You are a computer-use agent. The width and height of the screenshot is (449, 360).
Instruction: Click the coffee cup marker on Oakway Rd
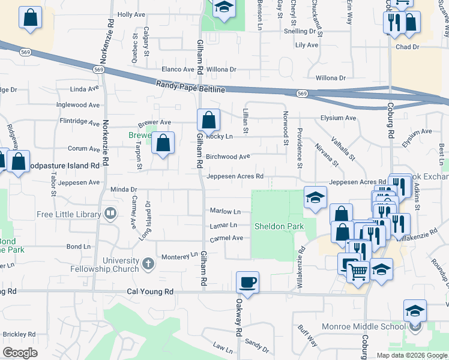click(247, 281)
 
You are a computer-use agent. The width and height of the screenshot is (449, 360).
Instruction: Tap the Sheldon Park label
click(279, 226)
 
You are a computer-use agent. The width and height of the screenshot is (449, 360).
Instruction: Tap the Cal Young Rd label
click(150, 292)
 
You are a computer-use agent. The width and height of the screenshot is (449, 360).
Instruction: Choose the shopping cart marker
click(358, 271)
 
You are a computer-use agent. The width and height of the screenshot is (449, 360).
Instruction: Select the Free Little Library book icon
click(110, 213)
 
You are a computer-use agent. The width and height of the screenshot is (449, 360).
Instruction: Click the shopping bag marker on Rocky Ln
click(208, 121)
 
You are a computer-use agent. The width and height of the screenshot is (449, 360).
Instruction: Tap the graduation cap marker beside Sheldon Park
click(315, 197)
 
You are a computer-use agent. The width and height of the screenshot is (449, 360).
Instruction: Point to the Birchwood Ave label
click(228, 157)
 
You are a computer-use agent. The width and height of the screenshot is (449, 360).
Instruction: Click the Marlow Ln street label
click(225, 211)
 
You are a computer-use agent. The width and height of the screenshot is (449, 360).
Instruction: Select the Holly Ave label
click(131, 14)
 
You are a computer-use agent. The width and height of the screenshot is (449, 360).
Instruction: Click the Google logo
click(20, 353)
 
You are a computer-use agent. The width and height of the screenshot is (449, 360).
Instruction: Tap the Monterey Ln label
click(179, 257)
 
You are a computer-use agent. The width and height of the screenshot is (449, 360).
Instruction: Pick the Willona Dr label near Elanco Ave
click(221, 70)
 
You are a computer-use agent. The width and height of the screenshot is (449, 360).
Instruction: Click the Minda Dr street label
click(124, 190)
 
